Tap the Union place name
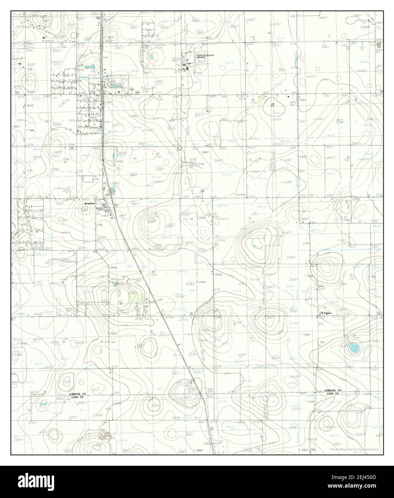coord(327,313)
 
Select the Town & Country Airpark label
coord(203,57)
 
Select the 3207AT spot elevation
coord(17,126)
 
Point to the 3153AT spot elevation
coord(366,27)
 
